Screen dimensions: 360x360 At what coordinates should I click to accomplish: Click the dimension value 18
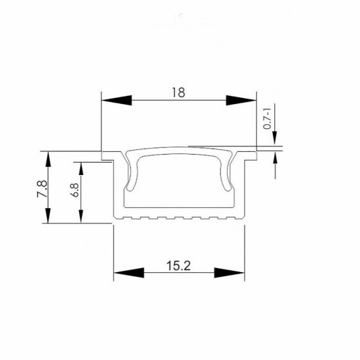click(x=178, y=93)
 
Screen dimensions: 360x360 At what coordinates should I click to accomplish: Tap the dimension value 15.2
click(x=178, y=265)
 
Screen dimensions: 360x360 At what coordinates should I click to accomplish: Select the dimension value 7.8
click(x=42, y=189)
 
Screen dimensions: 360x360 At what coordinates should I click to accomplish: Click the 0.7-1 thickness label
click(x=267, y=118)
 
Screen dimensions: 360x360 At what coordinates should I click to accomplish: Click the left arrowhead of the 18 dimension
click(x=117, y=101)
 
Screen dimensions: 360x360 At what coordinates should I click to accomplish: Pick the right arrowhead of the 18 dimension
click(x=241, y=101)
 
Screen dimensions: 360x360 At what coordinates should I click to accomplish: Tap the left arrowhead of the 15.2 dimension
click(x=129, y=273)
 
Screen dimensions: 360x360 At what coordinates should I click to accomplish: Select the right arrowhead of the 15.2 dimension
click(x=229, y=273)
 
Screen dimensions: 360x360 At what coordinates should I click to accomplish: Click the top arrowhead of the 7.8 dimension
click(x=48, y=159)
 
